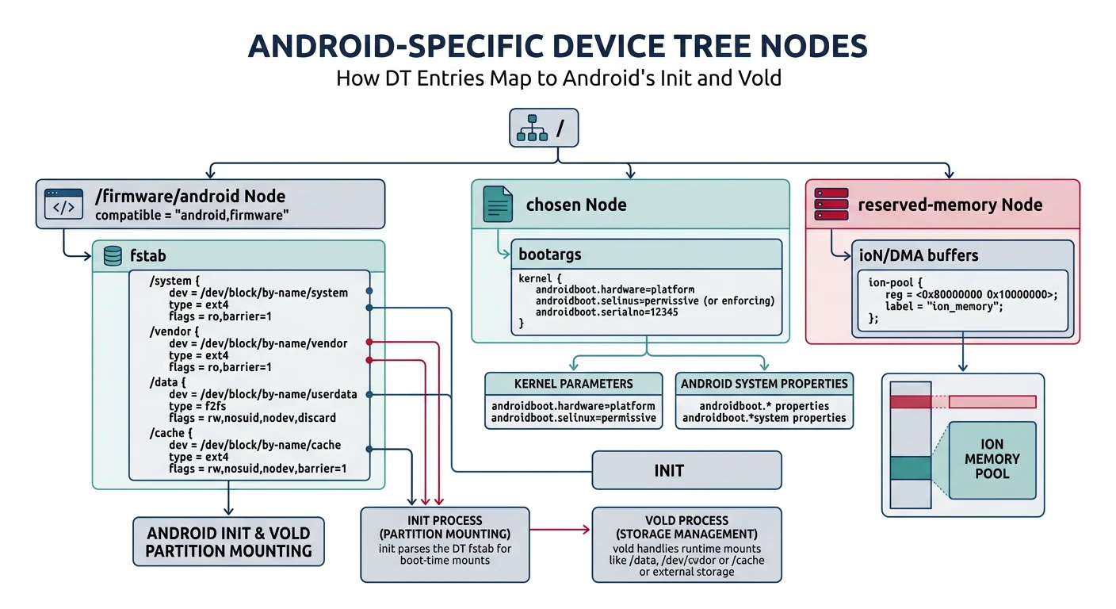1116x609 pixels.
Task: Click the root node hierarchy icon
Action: [531, 128]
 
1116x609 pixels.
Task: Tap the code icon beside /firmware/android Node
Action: [64, 203]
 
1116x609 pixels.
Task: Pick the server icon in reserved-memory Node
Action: [832, 204]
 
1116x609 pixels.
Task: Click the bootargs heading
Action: [549, 255]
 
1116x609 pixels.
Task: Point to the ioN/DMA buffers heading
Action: [919, 255]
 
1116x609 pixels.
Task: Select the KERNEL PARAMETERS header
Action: [573, 384]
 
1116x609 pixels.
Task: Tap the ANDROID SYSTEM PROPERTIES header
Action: [764, 384]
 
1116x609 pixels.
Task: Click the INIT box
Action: [686, 470]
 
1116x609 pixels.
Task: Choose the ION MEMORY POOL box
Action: [992, 459]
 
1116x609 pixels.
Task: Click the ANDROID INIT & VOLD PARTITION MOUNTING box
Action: [228, 542]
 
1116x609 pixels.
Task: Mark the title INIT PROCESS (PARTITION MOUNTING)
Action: [445, 527]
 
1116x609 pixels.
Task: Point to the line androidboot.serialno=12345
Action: [606, 312]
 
